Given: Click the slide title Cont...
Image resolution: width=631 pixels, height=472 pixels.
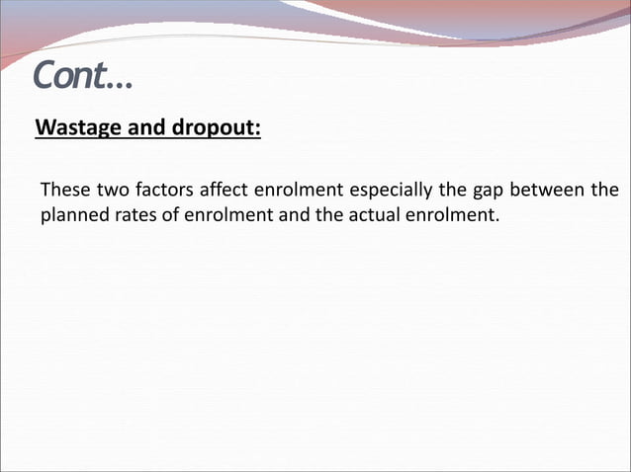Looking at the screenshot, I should (x=81, y=74).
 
